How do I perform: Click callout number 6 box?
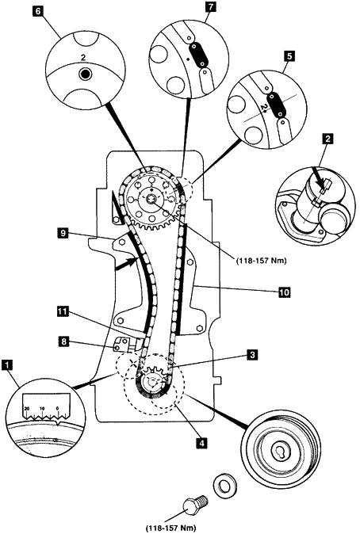pos(38,10)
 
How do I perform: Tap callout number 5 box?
pos(289,56)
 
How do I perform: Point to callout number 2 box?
pos(327,139)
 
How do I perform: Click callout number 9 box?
pos(63,234)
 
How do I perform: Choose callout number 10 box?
pos(284,292)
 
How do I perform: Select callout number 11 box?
pos(63,311)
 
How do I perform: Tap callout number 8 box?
pos(63,341)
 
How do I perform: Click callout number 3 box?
pos(253,355)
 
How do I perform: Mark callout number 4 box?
pos(201,443)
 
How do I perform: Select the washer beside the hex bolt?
pos(224,486)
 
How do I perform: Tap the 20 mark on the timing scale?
pos(26,408)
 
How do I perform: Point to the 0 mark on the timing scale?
pos(58,408)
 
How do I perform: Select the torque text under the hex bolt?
pos(171,529)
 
